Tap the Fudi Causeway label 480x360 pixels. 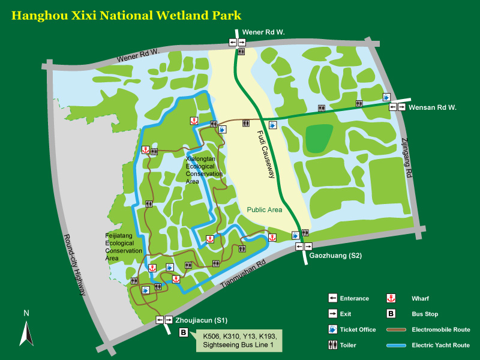[x=266, y=155]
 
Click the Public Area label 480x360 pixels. [x=265, y=210]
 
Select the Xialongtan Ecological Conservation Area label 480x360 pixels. [x=204, y=170]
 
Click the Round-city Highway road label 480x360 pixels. [x=75, y=265]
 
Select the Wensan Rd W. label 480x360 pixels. [x=433, y=107]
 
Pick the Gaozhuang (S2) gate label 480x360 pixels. [x=335, y=256]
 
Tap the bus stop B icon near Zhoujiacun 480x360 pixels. [x=184, y=332]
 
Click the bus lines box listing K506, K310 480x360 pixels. [x=238, y=340]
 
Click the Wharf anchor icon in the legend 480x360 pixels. [x=391, y=298]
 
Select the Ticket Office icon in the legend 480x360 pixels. [x=332, y=329]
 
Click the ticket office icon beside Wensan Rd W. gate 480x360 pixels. [x=387, y=97]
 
